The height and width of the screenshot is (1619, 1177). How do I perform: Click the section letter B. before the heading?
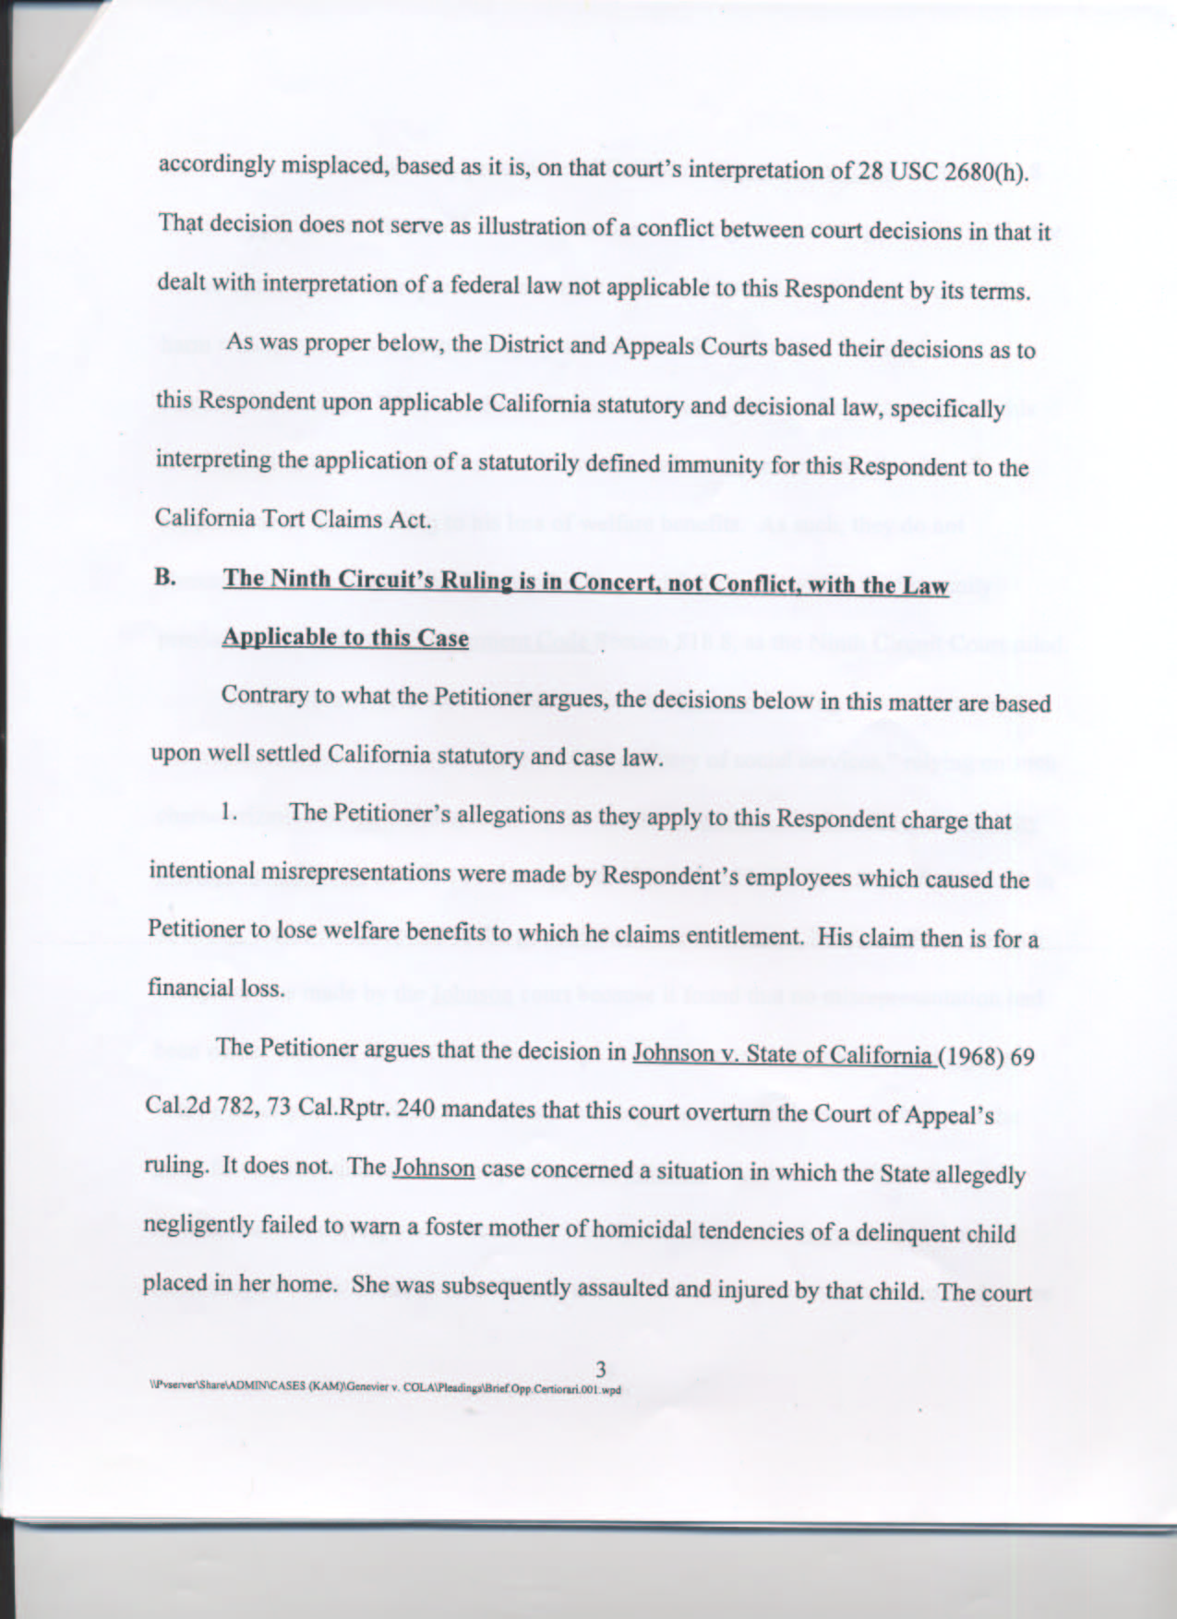tap(165, 579)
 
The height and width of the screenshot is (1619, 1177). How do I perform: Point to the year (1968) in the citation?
tap(970, 1056)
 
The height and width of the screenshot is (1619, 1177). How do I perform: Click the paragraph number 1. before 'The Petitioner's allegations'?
tap(231, 813)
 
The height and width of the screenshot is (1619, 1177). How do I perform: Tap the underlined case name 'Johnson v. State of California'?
tap(781, 1054)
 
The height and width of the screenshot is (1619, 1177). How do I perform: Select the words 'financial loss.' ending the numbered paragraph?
tap(215, 988)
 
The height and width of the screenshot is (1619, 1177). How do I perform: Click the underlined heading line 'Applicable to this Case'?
tap(345, 638)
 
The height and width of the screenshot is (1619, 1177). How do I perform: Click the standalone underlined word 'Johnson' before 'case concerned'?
tap(434, 1167)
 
